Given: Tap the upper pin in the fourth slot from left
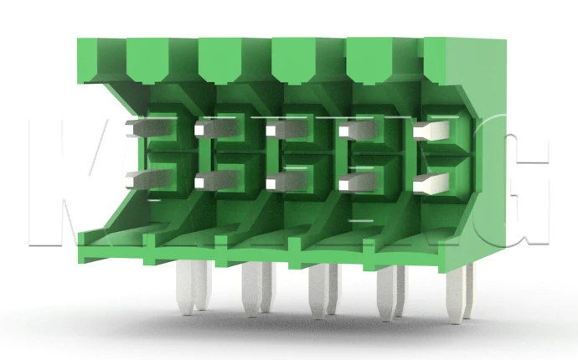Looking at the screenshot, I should coord(352,130).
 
